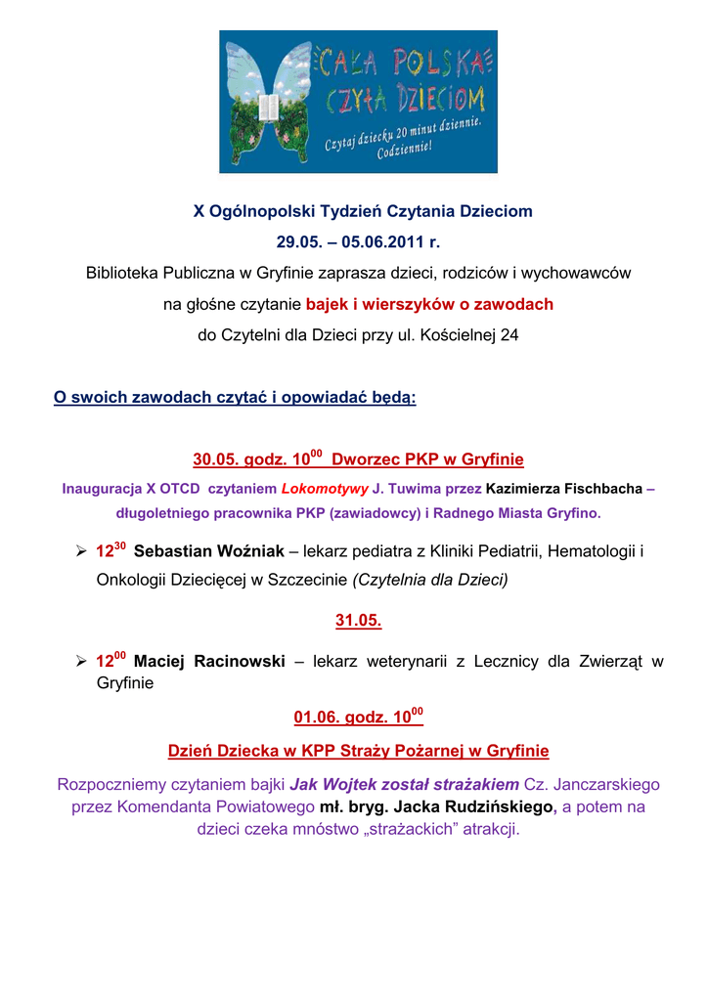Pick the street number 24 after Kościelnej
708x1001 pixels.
509,336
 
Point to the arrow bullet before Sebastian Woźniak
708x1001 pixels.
82,551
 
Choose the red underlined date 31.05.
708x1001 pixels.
359,621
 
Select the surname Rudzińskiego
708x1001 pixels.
493,807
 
